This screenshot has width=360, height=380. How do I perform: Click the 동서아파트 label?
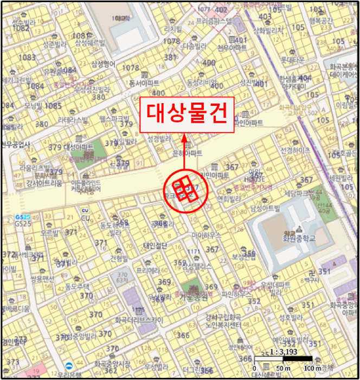pos(144,83)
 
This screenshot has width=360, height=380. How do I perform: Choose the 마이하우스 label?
pos(207,235)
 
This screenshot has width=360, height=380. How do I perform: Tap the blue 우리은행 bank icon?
pos(69,365)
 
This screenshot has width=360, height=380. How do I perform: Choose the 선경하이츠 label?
pos(295,150)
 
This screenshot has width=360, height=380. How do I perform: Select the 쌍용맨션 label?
pos(43,279)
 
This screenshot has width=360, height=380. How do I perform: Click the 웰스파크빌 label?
pos(114,118)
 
